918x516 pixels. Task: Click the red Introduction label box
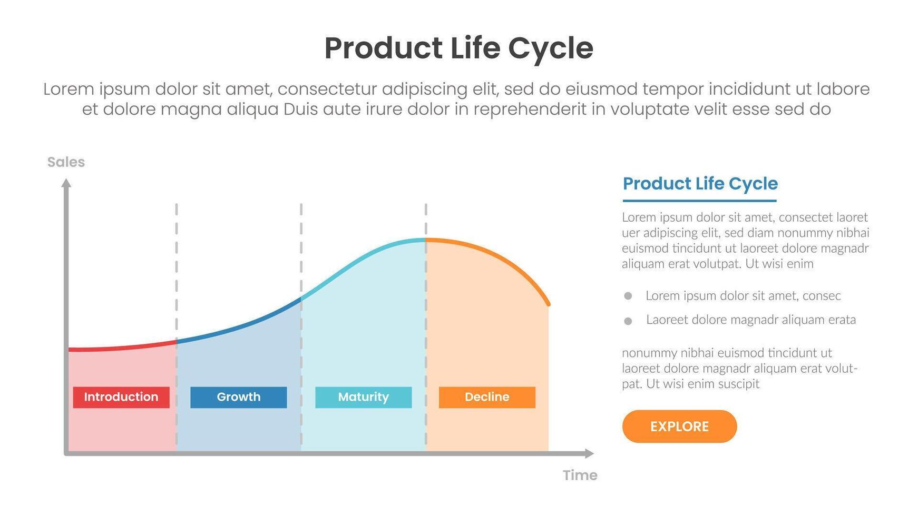[x=121, y=397]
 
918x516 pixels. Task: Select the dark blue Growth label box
[x=238, y=397]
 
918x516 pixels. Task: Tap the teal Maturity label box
[x=363, y=397]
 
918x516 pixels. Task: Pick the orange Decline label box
[x=487, y=397]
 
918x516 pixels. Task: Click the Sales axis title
[x=66, y=162]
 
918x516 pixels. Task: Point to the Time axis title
[x=580, y=475]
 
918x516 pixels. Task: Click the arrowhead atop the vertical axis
[x=66, y=183]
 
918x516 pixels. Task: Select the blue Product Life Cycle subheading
[x=700, y=184]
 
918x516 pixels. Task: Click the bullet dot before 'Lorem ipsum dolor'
[x=628, y=296]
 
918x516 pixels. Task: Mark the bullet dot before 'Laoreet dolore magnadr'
[x=628, y=321]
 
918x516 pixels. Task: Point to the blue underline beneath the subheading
[x=699, y=201]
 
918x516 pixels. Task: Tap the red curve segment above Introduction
[x=121, y=347]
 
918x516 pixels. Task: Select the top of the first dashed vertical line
[x=177, y=205]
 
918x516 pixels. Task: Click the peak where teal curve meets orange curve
[x=426, y=240]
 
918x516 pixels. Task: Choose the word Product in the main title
[x=383, y=48]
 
